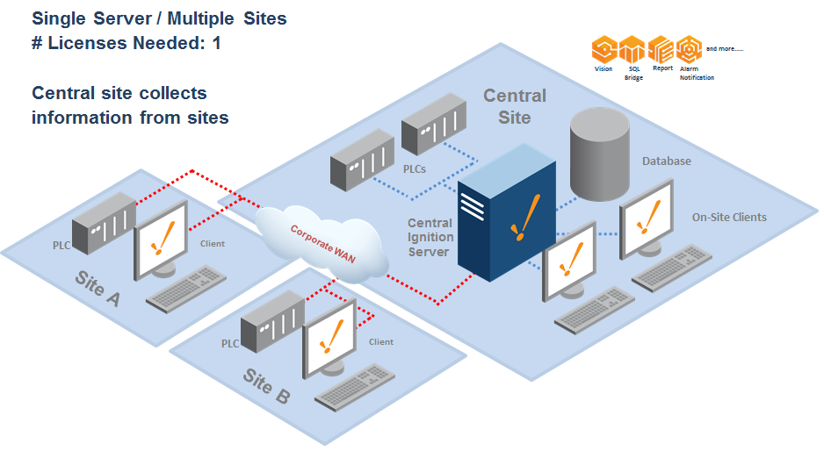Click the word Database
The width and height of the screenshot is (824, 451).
click(666, 161)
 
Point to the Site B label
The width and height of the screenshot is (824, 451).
click(265, 386)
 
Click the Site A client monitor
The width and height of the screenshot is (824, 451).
click(162, 237)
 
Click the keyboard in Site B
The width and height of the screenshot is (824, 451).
click(356, 386)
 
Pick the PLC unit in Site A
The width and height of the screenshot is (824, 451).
click(104, 223)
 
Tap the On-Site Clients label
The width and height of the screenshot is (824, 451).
click(728, 217)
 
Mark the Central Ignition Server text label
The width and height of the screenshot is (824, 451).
click(430, 237)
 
